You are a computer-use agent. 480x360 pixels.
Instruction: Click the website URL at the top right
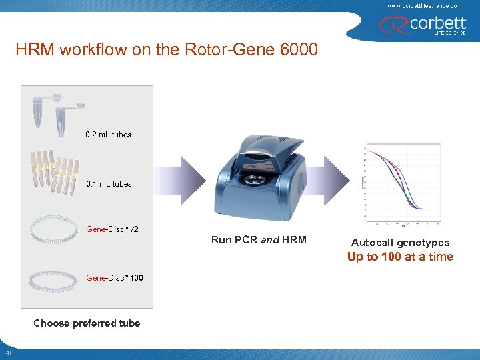click(x=424, y=5)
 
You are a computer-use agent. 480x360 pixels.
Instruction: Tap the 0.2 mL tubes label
click(x=109, y=135)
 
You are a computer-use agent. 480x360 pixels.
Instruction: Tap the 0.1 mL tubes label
click(x=109, y=184)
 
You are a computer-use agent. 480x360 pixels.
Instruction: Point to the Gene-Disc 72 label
click(x=112, y=229)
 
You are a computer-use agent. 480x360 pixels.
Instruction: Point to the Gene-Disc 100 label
click(x=114, y=278)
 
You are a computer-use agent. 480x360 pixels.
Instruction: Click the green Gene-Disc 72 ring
click(x=54, y=231)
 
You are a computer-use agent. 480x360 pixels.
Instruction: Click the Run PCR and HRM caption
click(x=259, y=240)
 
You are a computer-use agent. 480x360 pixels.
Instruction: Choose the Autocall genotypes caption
click(x=400, y=243)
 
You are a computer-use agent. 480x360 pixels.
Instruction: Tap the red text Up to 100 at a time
click(x=400, y=257)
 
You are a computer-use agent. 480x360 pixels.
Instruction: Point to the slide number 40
click(x=9, y=353)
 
